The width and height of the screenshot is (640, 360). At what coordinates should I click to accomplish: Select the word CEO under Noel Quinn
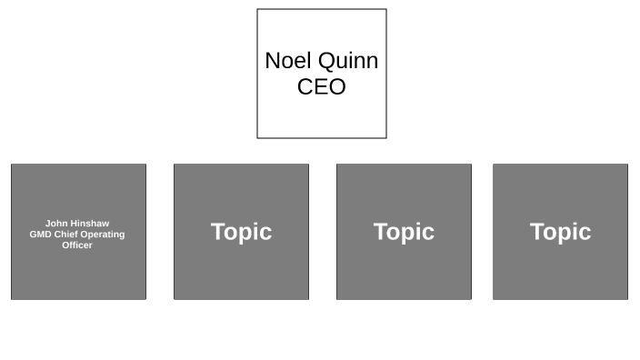point(322,87)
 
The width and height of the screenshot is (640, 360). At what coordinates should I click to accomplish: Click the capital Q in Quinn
point(327,61)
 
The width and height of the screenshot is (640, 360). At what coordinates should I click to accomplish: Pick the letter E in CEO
point(322,87)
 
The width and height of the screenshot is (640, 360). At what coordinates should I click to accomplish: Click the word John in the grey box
point(56,224)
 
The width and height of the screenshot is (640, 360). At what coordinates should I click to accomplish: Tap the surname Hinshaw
point(90,224)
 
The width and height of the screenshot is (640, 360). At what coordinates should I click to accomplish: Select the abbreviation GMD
point(41,235)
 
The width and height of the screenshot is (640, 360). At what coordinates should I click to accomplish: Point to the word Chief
point(66,235)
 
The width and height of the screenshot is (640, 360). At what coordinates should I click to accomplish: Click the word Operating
point(103,235)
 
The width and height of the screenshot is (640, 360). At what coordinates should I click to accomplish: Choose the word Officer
point(77,245)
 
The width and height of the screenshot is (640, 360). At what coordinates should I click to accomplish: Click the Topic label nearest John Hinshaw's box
point(241,232)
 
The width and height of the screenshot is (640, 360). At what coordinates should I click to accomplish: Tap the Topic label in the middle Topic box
point(404,232)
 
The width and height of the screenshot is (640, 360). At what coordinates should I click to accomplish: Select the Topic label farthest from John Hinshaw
point(560,232)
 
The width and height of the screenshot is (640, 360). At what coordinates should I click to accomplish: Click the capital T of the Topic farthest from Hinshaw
point(537,232)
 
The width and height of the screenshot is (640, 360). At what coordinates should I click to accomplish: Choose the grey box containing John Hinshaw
point(78,273)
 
